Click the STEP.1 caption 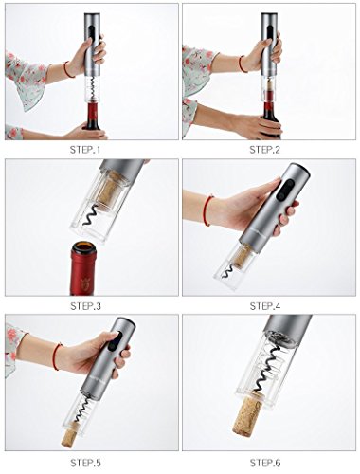pyautogui.click(x=85, y=150)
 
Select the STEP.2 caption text pyautogui.click(x=264, y=150)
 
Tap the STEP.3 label pyautogui.click(x=85, y=306)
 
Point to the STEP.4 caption pyautogui.click(x=265, y=306)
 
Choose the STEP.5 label pyautogui.click(x=85, y=463)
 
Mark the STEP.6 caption pyautogui.click(x=265, y=463)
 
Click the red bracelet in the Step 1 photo pyautogui.click(x=68, y=69)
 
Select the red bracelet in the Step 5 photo pyautogui.click(x=57, y=356)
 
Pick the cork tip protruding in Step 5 pyautogui.click(x=69, y=431)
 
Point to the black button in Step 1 pyautogui.click(x=92, y=34)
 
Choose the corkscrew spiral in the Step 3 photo pyautogui.click(x=91, y=214)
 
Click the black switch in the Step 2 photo pyautogui.click(x=270, y=34)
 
